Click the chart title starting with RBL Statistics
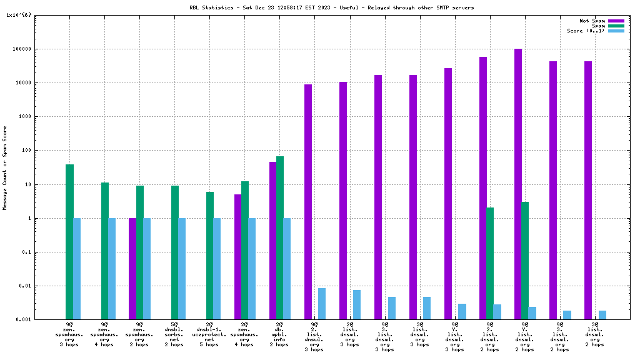pyautogui.click(x=331, y=7)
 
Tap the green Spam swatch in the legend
pyautogui.click(x=616, y=26)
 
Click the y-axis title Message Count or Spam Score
pyautogui.click(x=5, y=168)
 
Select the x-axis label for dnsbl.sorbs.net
pyautogui.click(x=174, y=334)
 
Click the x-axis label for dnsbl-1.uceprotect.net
pyautogui.click(x=209, y=334)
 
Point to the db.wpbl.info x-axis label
pyautogui.click(x=279, y=334)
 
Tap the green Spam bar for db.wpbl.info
pyautogui.click(x=280, y=237)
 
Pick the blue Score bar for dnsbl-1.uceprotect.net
pyautogui.click(x=217, y=269)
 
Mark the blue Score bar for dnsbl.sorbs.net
pyautogui.click(x=182, y=269)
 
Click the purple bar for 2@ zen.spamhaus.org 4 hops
pyautogui.click(x=237, y=257)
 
